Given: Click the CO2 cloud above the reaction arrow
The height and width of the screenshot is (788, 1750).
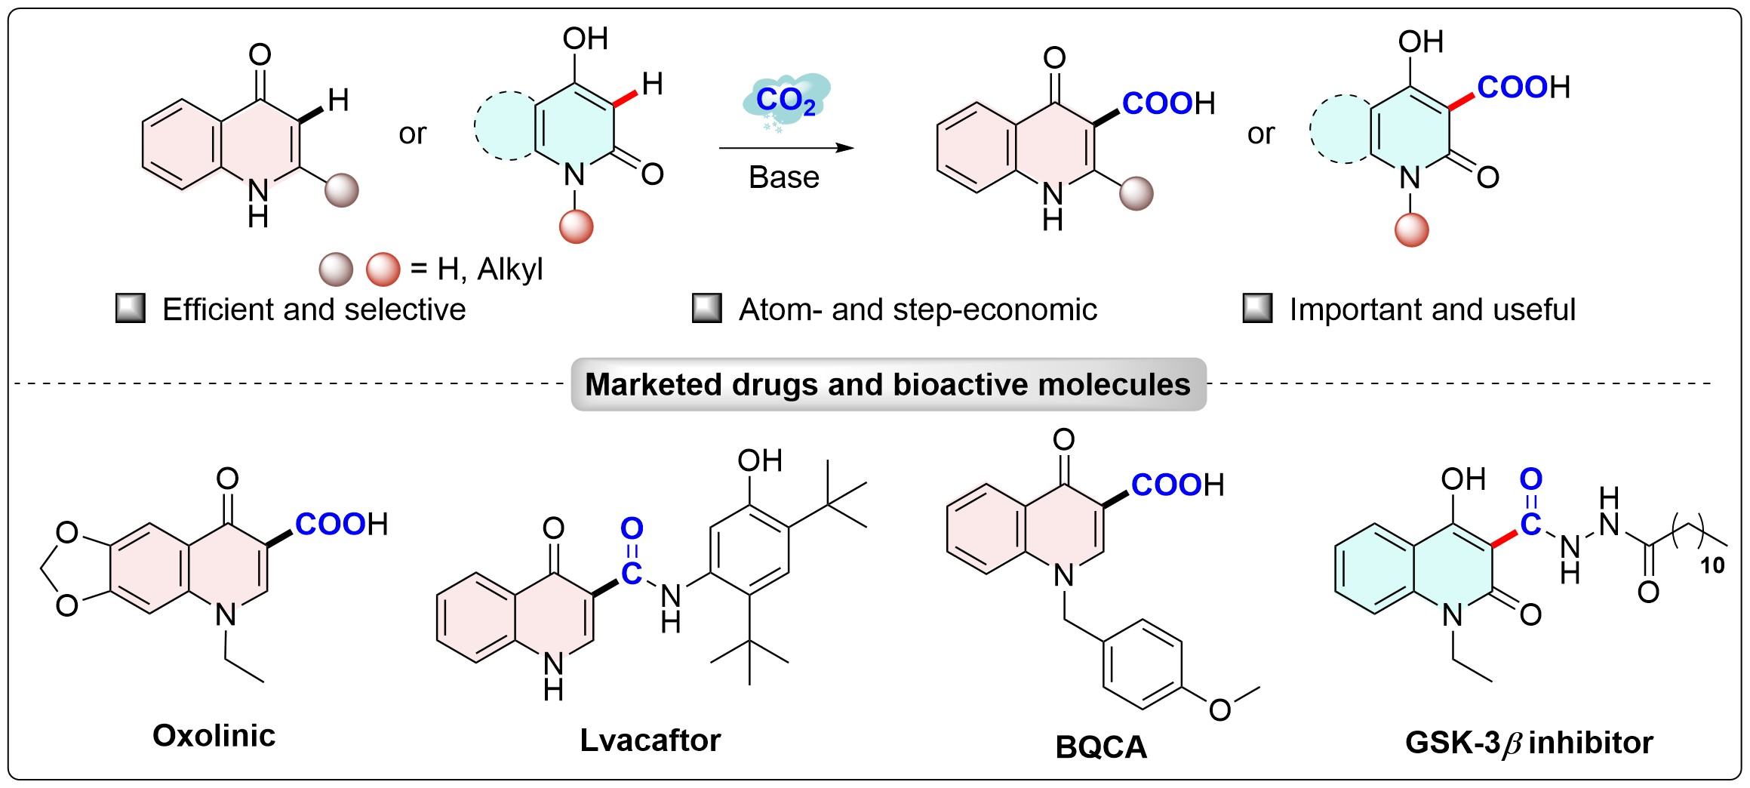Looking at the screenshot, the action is (x=786, y=101).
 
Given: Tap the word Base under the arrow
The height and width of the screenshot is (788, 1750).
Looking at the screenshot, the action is (x=783, y=177).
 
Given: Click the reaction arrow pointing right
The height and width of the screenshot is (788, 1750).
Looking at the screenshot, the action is (x=786, y=148).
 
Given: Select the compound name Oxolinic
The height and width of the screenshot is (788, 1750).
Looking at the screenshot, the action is (x=214, y=735).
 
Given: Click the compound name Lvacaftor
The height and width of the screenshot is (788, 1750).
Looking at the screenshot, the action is (x=650, y=740).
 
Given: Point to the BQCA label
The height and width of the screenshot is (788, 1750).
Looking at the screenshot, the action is (x=1101, y=747).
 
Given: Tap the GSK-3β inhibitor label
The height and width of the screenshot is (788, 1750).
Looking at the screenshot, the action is (x=1529, y=743).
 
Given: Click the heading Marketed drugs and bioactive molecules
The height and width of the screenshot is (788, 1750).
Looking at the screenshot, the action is (x=887, y=384).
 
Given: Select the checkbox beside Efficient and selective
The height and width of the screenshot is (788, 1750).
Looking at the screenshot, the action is (x=130, y=309).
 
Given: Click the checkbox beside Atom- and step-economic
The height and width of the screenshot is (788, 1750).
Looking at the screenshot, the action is (x=706, y=309).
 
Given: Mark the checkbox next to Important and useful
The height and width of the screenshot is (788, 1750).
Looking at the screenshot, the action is (x=1257, y=309).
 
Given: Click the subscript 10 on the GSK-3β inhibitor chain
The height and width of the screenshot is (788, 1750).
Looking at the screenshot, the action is (x=1712, y=565).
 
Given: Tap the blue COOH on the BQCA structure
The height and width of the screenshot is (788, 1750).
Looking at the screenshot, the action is (x=1166, y=485).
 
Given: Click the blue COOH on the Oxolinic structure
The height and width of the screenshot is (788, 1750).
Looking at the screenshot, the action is (x=330, y=524).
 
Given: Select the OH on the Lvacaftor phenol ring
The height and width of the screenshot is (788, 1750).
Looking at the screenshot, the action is (x=760, y=460).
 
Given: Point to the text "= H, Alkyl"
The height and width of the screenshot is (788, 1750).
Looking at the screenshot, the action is (x=476, y=269).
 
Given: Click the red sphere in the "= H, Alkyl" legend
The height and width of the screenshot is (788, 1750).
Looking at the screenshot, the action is (x=383, y=269).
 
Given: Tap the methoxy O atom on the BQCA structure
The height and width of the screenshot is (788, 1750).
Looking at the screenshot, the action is (x=1219, y=710).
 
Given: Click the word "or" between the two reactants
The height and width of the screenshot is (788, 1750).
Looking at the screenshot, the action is (x=412, y=134).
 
